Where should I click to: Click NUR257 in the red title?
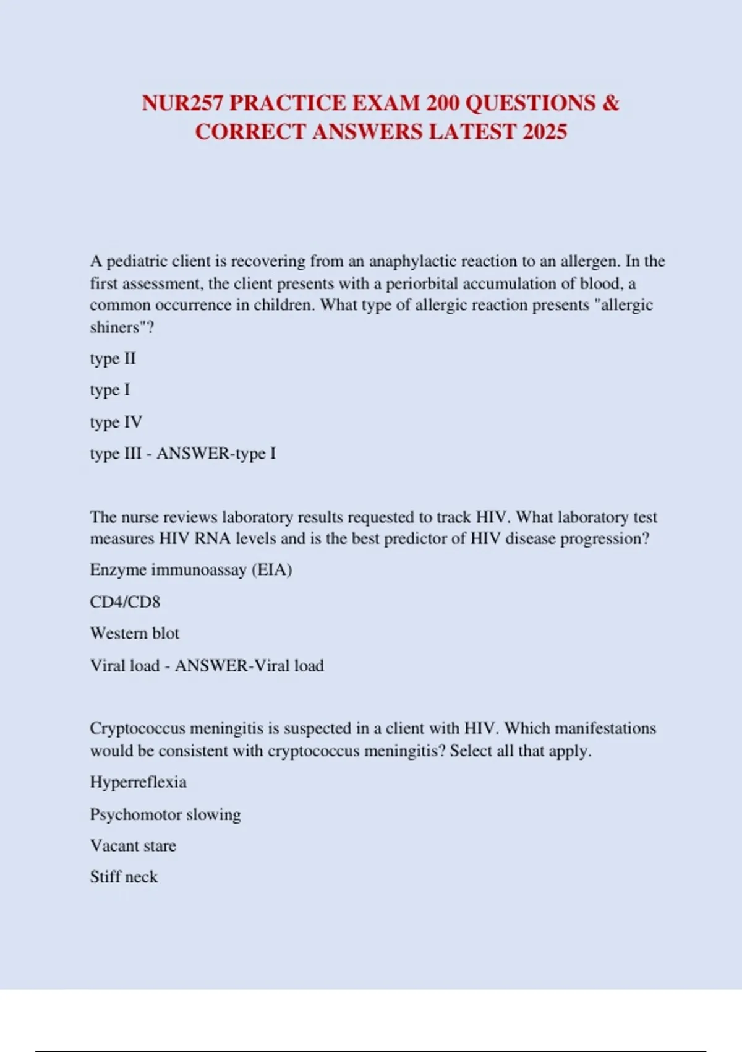pos(182,103)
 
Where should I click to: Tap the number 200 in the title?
pos(442,103)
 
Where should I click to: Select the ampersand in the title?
pos(610,103)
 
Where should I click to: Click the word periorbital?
pos(422,283)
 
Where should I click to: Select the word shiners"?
pos(122,327)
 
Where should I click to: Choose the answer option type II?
pos(113,358)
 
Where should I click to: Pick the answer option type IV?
pos(116,422)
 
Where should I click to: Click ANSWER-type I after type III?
pos(216,454)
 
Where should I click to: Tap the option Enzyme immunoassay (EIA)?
pos(190,569)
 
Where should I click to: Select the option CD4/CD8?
pos(125,601)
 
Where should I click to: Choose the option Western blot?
pos(134,633)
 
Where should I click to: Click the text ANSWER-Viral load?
pos(249,665)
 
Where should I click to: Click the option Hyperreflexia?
pos(138,782)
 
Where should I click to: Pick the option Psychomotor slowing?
pos(165,814)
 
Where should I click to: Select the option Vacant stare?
pos(133,845)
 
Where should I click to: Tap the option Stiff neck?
pos(124,877)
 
